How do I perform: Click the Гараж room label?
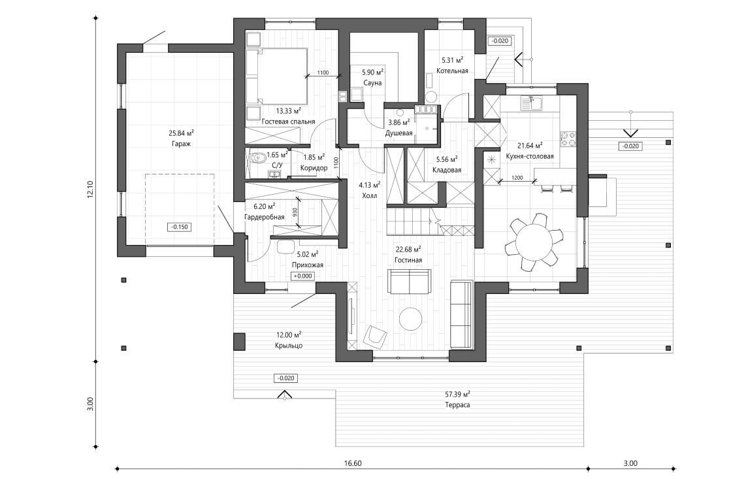(x=176, y=143)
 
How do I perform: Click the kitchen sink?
(x=532, y=102)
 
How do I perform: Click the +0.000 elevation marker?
(x=302, y=276)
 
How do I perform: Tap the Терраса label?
(x=457, y=405)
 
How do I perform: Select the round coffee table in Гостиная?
(x=412, y=319)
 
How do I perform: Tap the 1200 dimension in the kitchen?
(x=517, y=177)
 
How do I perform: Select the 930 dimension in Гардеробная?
(x=295, y=212)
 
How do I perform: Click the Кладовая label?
(x=447, y=170)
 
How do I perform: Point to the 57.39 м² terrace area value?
(x=457, y=395)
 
